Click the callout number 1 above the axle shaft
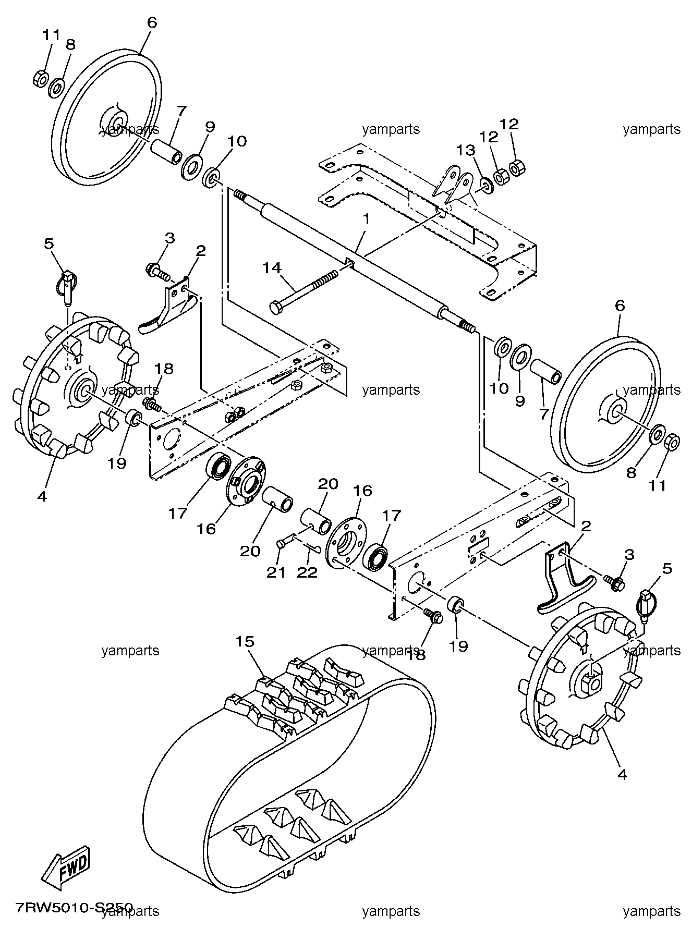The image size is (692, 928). click(x=367, y=219)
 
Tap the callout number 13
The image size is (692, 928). click(x=466, y=151)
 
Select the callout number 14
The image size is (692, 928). click(x=271, y=268)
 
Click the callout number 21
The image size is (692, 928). click(x=276, y=572)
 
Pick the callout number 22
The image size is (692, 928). click(x=307, y=572)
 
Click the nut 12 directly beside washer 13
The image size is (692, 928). click(x=501, y=177)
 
